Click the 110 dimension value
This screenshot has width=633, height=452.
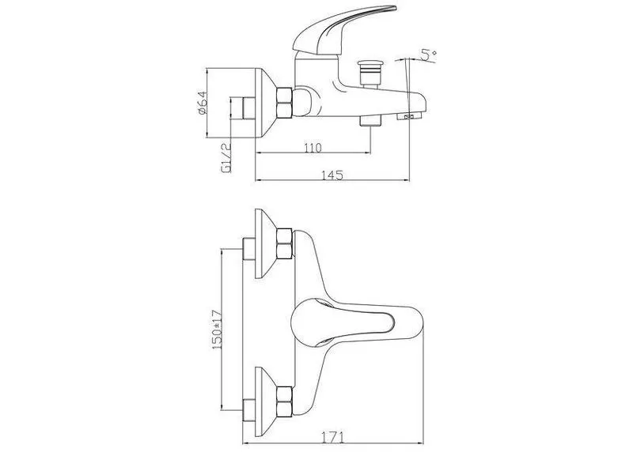coord(313,148)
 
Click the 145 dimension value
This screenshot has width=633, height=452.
coord(332,175)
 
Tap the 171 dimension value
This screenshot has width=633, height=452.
coord(332,438)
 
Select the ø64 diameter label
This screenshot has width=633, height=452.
coord(203,103)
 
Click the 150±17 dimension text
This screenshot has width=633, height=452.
coord(217,329)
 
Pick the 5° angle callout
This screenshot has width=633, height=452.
coord(428,55)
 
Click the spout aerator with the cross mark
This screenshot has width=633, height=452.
coord(409,117)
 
